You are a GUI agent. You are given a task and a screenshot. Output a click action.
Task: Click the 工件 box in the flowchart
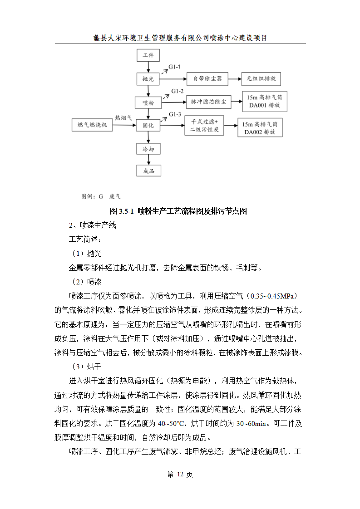click(x=148, y=56)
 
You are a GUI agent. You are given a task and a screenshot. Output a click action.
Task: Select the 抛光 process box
click(x=148, y=79)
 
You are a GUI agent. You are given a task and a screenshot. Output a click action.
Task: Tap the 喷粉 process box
click(x=148, y=103)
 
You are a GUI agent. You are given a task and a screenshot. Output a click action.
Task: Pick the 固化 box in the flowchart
click(x=148, y=125)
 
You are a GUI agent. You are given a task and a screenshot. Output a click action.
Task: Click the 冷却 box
click(x=148, y=148)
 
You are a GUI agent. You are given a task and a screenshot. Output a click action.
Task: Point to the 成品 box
click(x=148, y=171)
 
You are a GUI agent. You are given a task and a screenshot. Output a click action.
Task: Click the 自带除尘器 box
click(x=207, y=79)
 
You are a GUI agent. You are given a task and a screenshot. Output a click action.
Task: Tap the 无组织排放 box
click(x=261, y=79)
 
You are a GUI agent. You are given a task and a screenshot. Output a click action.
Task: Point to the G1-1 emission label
click(x=175, y=67)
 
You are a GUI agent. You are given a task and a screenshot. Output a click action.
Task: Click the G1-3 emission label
click(x=175, y=114)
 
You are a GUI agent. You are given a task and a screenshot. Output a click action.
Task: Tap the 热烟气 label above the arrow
click(x=123, y=117)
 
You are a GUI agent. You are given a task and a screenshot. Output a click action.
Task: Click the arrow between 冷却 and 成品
click(x=148, y=159)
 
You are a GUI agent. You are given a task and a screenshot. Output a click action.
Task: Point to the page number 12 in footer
click(x=180, y=475)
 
